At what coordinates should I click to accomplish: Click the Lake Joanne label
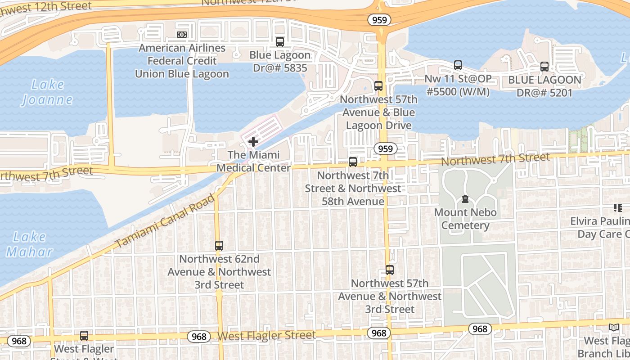(x=47, y=92)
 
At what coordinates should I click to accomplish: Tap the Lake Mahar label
(x=29, y=244)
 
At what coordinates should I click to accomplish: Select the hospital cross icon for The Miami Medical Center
(x=253, y=142)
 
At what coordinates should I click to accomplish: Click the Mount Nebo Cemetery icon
(x=465, y=199)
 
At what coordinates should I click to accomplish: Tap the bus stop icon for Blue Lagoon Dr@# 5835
(x=280, y=42)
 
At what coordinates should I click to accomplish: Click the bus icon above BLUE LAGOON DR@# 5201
(x=544, y=67)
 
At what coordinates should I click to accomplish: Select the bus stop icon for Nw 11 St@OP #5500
(x=458, y=65)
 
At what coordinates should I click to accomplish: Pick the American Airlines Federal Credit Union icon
(x=182, y=35)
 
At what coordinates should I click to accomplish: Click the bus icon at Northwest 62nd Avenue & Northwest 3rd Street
(x=219, y=246)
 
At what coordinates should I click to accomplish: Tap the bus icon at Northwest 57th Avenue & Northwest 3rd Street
(x=390, y=270)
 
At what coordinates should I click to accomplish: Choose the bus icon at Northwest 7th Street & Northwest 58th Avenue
(x=353, y=162)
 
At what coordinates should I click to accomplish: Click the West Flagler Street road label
(x=266, y=336)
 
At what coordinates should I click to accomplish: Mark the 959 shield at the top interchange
(x=379, y=20)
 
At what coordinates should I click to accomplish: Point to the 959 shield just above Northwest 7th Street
(x=385, y=149)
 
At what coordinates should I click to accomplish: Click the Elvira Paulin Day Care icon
(x=617, y=208)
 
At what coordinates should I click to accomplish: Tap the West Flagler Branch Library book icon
(x=613, y=328)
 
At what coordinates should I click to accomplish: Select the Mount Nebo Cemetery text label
(x=465, y=219)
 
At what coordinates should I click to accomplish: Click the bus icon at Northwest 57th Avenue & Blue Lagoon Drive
(x=378, y=86)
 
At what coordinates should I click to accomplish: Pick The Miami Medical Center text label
(x=253, y=161)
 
